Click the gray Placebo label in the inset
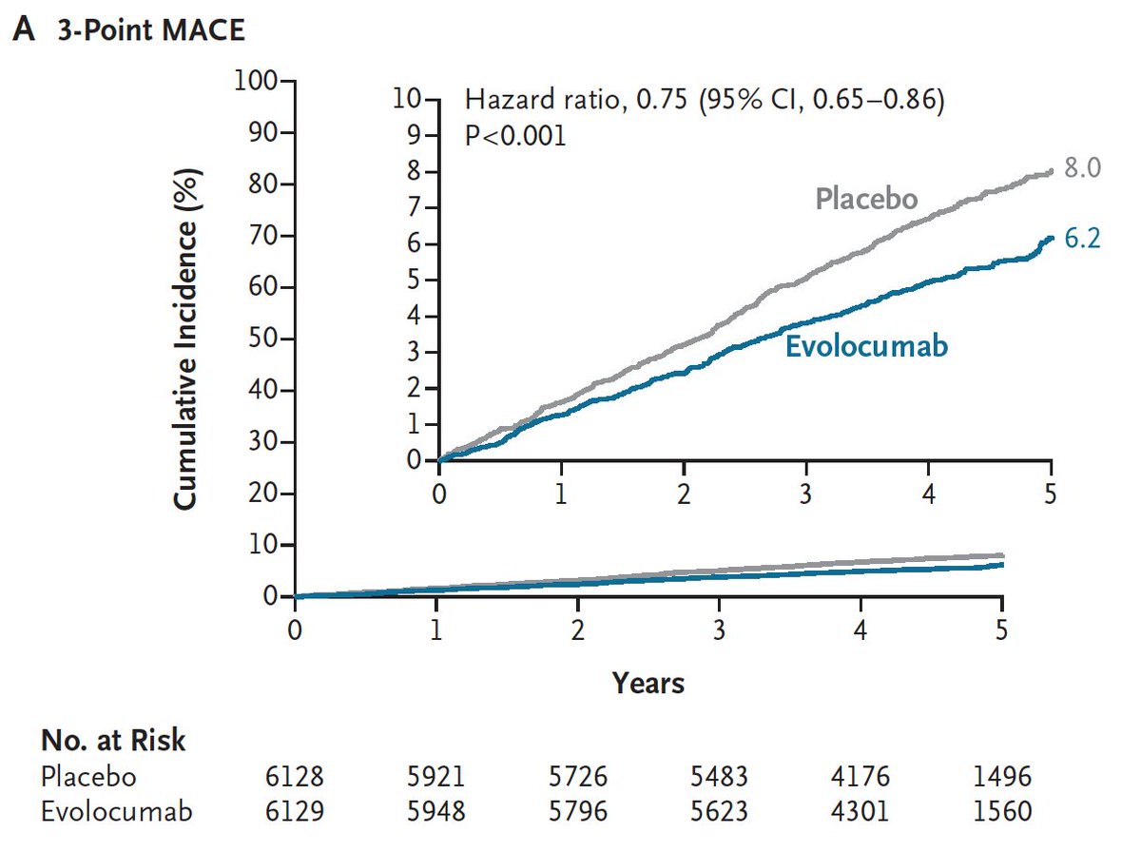coord(866,199)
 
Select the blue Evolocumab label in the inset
coord(866,346)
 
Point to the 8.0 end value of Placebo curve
coord(1082,168)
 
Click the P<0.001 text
coord(514,135)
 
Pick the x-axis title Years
coord(648,682)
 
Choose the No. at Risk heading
coord(113,742)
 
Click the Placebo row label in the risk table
coord(88,777)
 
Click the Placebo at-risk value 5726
coord(577,777)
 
